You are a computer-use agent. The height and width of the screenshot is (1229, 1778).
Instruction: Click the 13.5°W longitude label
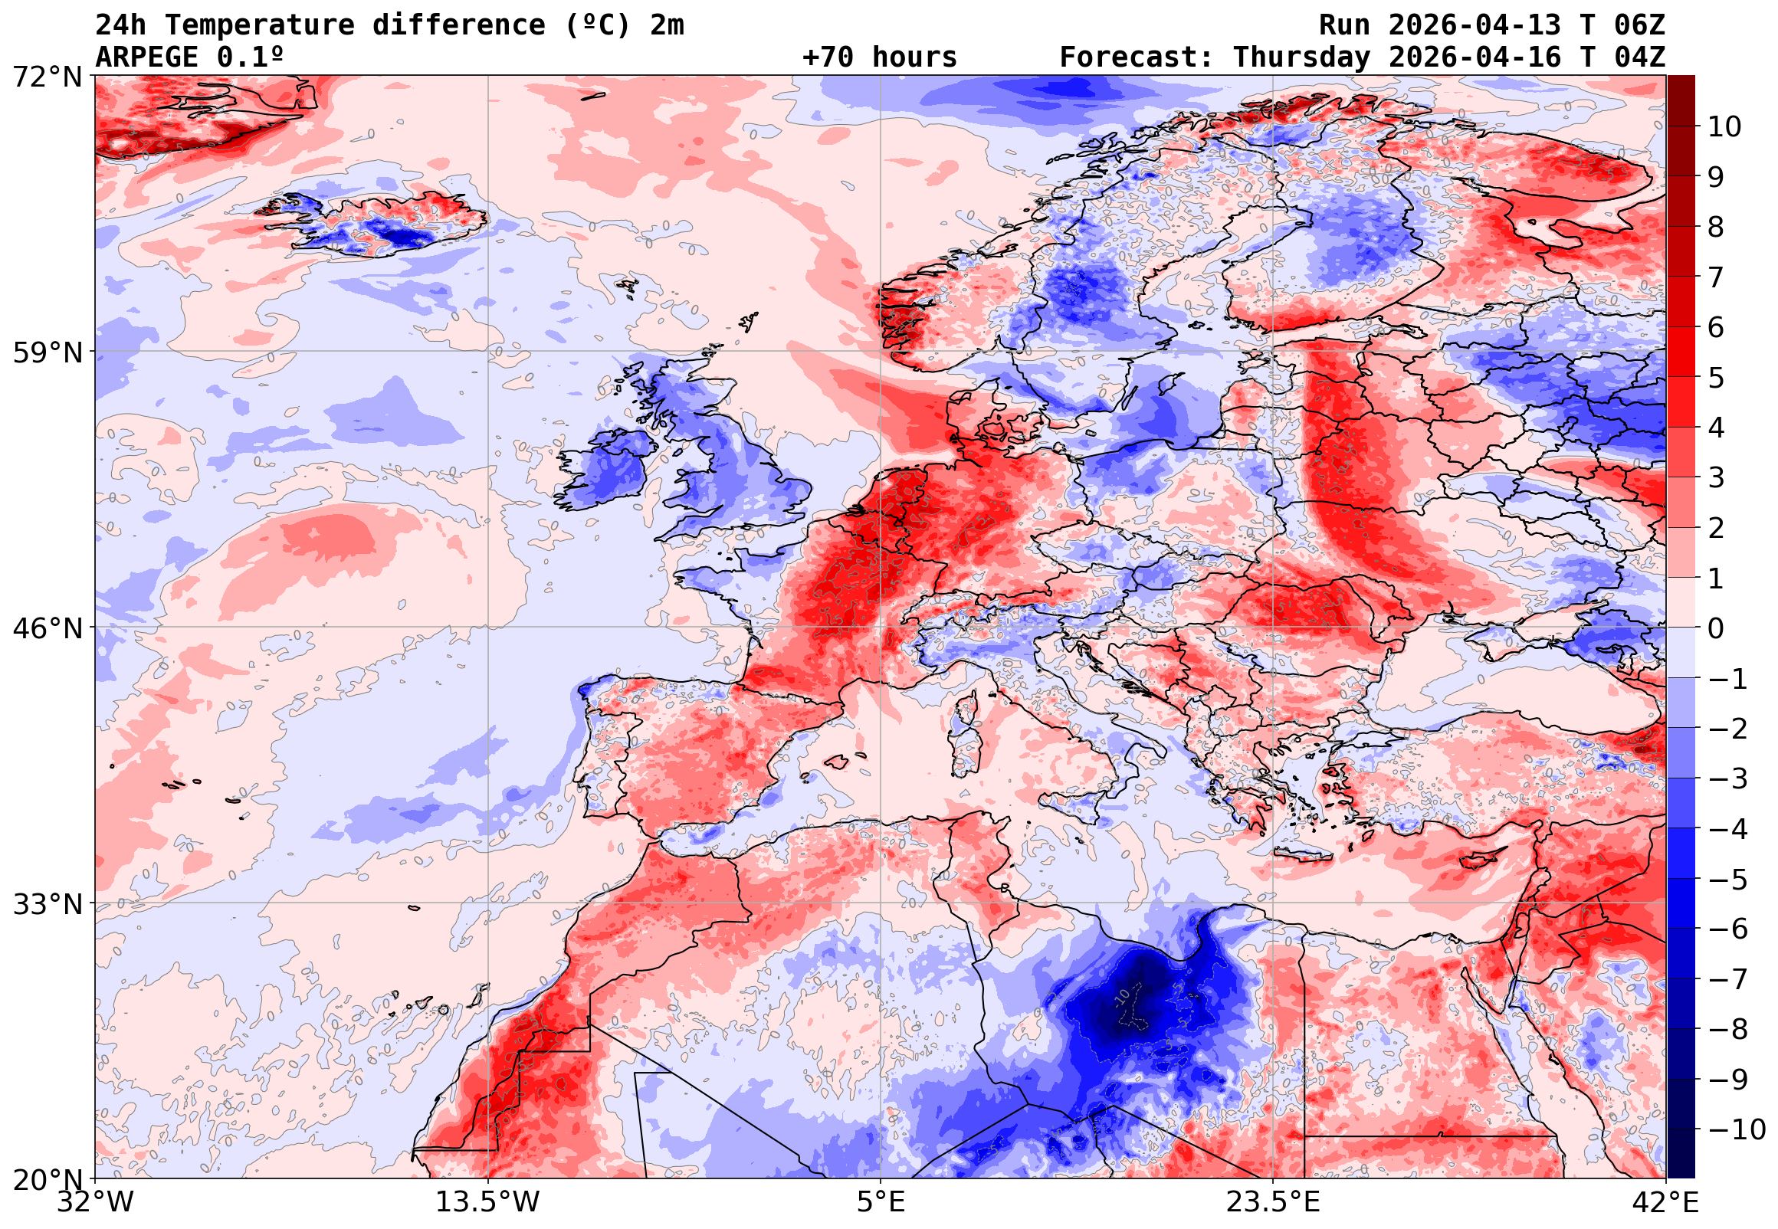point(488,1202)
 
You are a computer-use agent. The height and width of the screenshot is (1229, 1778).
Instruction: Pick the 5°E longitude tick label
point(881,1202)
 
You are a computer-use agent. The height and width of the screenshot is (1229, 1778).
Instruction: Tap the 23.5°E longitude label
point(1273,1202)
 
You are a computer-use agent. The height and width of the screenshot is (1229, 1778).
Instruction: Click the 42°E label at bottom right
point(1665,1202)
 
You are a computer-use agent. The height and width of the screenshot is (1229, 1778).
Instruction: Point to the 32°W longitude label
point(96,1202)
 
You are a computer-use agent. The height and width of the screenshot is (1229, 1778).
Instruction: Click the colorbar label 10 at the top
point(1724,126)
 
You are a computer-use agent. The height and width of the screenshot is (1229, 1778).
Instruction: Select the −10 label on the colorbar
point(1737,1129)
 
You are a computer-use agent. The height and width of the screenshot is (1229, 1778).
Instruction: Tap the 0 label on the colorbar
point(1716,628)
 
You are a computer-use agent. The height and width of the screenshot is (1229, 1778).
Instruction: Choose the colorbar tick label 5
point(1716,377)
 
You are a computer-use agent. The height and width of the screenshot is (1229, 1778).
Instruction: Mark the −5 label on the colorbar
point(1728,879)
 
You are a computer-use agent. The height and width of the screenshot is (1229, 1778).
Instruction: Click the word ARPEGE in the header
point(146,57)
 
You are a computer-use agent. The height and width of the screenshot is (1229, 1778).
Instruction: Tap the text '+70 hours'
point(879,57)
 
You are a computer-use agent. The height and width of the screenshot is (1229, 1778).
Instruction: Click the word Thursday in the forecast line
point(1301,57)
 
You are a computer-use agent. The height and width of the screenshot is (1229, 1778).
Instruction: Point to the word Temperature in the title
point(260,25)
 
